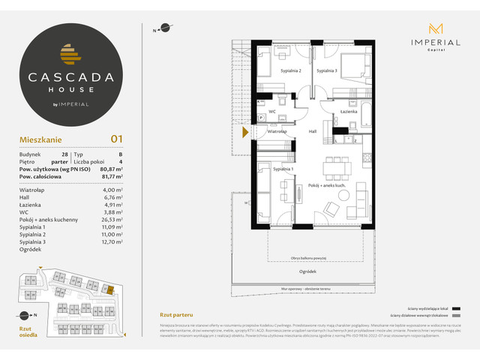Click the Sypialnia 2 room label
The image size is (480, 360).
[x=291, y=70]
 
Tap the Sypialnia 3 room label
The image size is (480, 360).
[x=326, y=70]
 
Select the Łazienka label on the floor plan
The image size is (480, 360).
[x=347, y=111]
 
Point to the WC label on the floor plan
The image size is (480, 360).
[x=273, y=111]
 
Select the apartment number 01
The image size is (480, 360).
[x=116, y=138]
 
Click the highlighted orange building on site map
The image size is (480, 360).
[x=108, y=287]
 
